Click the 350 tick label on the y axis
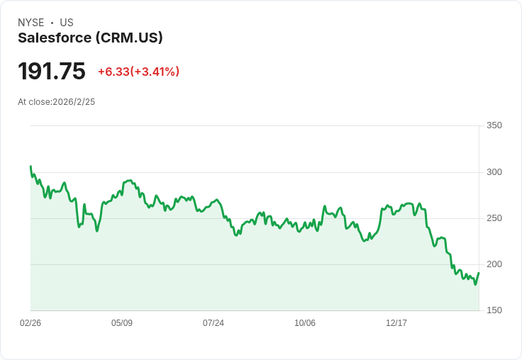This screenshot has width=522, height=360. point(494,125)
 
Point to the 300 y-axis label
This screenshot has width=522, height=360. point(494,172)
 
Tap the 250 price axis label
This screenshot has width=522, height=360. point(494,218)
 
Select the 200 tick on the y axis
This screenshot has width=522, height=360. point(494,264)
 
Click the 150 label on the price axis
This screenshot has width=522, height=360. point(494,310)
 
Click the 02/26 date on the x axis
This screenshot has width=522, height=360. point(30,323)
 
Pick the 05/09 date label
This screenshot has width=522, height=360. point(122,323)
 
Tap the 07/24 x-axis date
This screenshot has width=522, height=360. point(213,323)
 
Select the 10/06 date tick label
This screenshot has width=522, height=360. point(305,323)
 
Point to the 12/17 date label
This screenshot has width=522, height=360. point(396,323)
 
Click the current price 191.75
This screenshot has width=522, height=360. point(52,72)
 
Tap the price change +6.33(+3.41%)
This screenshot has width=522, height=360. point(138,72)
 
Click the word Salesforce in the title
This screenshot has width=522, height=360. point(55,38)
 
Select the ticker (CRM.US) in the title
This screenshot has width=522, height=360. point(129,38)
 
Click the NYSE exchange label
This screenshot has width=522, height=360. point(31,23)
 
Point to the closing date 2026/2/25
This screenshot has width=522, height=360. point(74,102)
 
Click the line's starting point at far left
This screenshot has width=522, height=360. point(30,167)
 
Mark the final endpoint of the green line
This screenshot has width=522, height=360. point(479,273)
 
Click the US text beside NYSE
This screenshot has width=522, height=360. point(67,23)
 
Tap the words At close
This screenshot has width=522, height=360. point(33,102)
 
